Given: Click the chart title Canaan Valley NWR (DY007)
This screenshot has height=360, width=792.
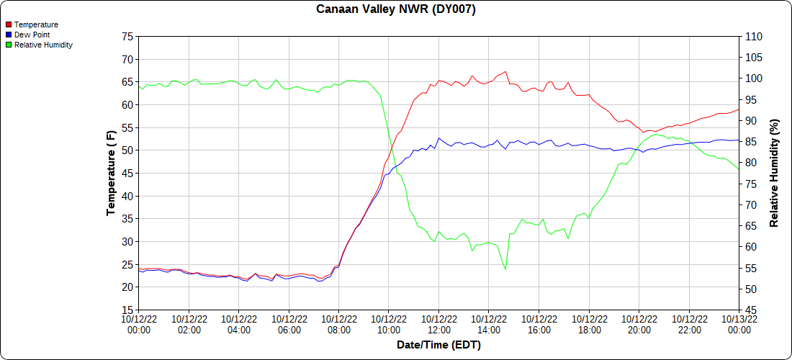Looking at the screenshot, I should coord(396,9).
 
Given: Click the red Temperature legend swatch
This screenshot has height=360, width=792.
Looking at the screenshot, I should coord(9,24).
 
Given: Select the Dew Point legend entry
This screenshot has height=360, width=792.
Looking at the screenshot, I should coord(32,35).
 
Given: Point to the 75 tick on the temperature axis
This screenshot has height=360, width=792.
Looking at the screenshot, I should coord(127,36).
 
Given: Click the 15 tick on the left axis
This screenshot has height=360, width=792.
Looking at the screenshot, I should coord(127,310).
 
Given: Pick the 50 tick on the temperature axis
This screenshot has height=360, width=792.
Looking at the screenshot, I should coord(127,150).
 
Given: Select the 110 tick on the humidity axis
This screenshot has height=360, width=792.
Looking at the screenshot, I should coord(753,36).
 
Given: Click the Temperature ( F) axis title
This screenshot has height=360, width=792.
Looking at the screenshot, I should coord(111,173).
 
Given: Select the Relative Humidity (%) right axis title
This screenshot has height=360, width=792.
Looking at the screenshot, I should coord(775,173).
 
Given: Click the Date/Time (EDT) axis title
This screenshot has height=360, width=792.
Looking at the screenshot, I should coord(438,346).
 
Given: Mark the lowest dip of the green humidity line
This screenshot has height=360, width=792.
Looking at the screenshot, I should coord(505,269).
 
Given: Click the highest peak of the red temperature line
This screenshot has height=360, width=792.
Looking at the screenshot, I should coord(506,71).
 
